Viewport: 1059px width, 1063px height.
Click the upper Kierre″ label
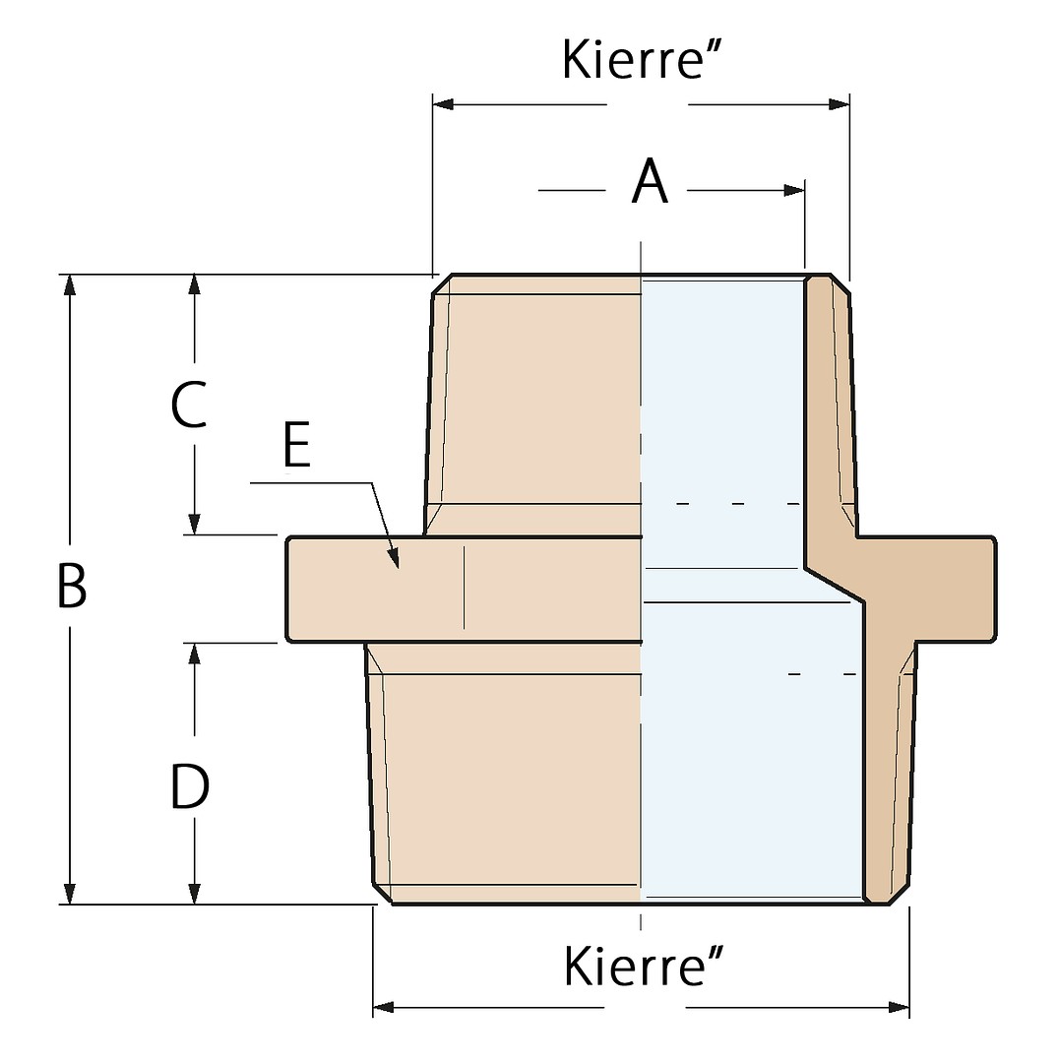point(642,60)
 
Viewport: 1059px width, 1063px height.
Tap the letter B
point(72,586)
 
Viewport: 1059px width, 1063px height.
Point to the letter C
point(189,405)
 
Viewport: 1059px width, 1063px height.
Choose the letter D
point(189,786)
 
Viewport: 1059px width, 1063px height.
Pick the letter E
point(297,444)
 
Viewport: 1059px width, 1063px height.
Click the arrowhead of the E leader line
point(394,559)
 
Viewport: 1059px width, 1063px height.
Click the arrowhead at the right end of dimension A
point(794,191)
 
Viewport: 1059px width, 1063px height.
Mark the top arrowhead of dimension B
point(69,285)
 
